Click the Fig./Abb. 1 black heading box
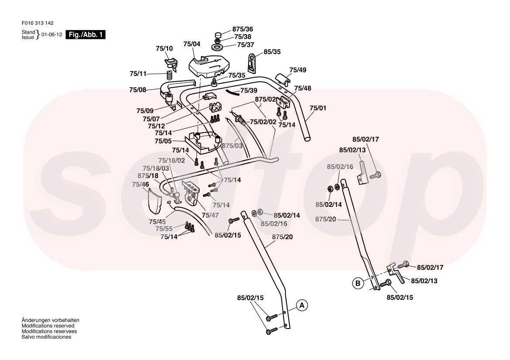(85, 35)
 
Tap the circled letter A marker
(302, 305)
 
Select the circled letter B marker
(358, 283)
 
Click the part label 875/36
(242, 29)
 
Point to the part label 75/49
(298, 70)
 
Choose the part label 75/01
(318, 107)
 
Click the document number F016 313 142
(37, 23)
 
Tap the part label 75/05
(163, 141)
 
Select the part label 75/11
(138, 74)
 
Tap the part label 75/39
(249, 90)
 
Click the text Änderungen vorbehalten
(51, 320)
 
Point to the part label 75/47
(210, 215)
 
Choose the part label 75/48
(303, 89)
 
